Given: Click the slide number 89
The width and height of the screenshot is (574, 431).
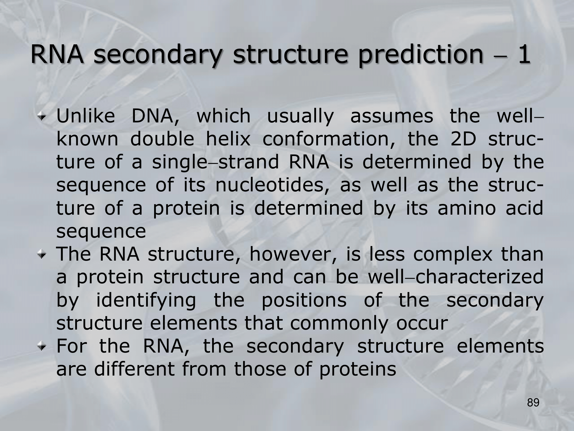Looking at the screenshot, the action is coord(533,403).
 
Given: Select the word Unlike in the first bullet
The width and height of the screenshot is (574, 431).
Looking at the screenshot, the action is coord(86,116).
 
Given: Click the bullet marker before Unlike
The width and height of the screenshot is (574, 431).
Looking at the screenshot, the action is coord(42,116).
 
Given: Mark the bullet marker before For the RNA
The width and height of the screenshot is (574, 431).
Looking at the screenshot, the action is coord(42,347).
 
